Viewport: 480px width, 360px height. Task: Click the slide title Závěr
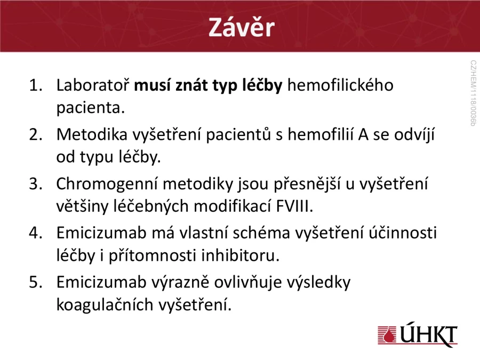tap(242, 27)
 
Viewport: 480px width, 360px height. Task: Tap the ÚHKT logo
tap(418, 334)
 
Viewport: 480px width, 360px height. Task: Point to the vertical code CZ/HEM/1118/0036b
tap(473, 93)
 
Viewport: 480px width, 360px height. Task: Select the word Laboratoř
tap(93, 85)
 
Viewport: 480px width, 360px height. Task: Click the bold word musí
tap(152, 85)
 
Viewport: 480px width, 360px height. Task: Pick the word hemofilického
tap(340, 85)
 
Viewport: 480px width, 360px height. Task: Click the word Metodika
tap(92, 134)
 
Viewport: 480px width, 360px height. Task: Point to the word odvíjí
tap(414, 135)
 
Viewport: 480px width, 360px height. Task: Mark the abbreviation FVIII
tap(294, 206)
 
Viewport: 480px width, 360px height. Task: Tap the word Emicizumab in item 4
tap(101, 233)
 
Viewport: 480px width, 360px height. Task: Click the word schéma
tap(261, 233)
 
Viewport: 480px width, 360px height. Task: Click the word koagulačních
tap(105, 305)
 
